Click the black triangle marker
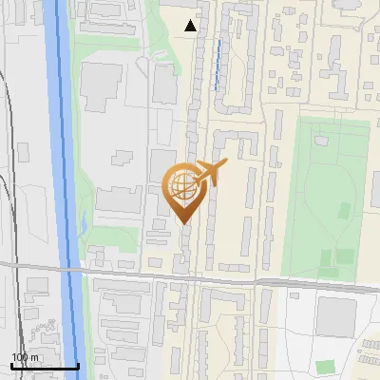tap(191, 26)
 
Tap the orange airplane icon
tap(208, 173)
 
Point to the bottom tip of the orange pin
tap(182, 223)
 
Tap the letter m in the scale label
tap(35, 357)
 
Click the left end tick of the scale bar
tap(11, 364)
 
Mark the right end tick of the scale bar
tap(78, 364)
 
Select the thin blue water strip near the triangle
tap(218, 65)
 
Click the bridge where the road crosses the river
tap(72, 273)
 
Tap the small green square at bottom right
tap(326, 366)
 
